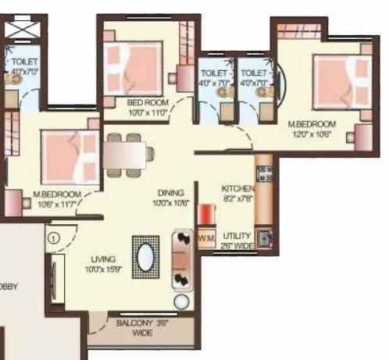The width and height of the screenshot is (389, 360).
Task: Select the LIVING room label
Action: (102, 258)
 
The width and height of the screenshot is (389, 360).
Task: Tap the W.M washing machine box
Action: (206, 237)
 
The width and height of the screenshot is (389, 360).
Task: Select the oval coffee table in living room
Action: (146, 255)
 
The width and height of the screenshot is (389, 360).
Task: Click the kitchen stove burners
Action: (263, 171)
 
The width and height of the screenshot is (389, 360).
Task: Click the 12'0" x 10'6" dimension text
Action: (312, 134)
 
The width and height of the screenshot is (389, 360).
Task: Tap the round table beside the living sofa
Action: (181, 301)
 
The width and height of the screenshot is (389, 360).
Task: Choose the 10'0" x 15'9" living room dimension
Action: (102, 269)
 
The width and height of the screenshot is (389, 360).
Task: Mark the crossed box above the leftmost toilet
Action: (20, 31)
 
